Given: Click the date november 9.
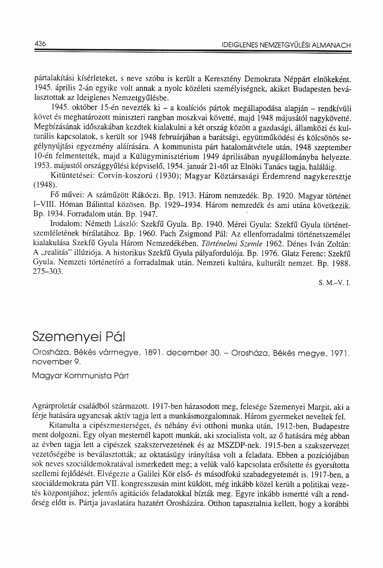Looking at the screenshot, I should [x=55, y=362].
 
